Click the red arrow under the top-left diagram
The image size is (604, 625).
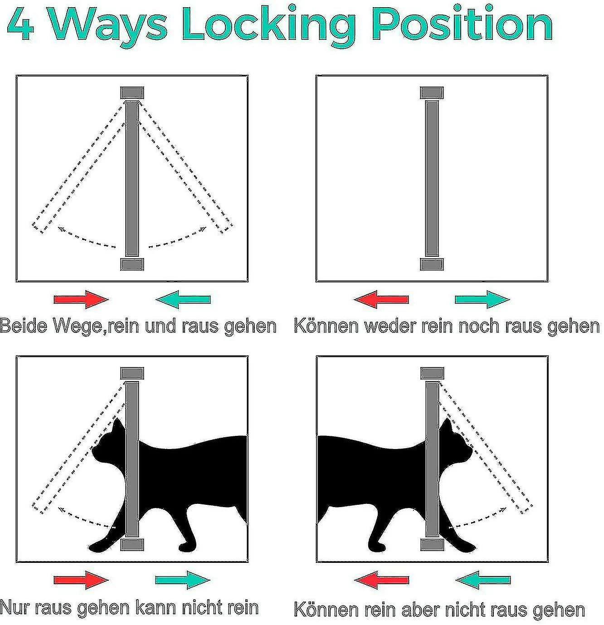coord(81,299)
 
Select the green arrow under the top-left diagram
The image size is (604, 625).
coord(183,299)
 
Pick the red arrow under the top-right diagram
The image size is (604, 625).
coord(381,299)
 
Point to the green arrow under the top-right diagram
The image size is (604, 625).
coord(482,299)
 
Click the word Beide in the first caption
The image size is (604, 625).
coord(24,325)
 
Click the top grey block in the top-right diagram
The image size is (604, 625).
coord(432,93)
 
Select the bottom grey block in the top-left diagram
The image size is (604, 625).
coord(132,264)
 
